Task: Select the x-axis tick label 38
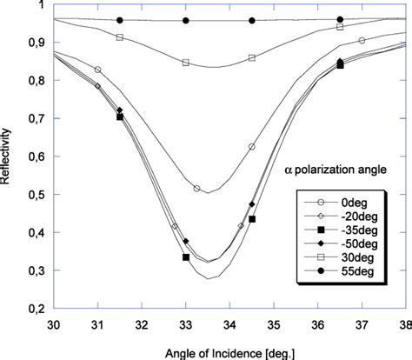[x=405, y=323]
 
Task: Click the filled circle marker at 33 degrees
[x=185, y=20]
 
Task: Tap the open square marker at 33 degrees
[x=185, y=63]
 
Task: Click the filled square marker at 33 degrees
[x=185, y=257]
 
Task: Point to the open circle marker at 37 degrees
[x=362, y=40]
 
